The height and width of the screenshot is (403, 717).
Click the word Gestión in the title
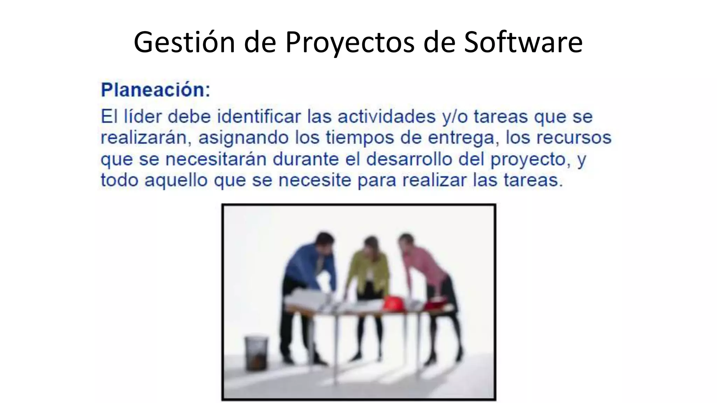(x=184, y=43)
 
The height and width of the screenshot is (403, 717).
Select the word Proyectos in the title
(x=350, y=43)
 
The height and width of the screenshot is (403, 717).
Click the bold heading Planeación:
(x=155, y=90)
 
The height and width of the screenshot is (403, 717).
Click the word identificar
(x=259, y=116)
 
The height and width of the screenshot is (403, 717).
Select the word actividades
(x=387, y=116)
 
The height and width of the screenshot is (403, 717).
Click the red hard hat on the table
(x=394, y=303)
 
